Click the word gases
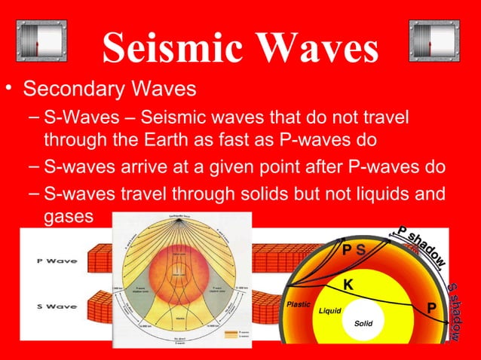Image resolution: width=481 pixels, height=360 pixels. point(68,216)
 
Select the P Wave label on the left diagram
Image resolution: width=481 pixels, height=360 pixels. point(54,263)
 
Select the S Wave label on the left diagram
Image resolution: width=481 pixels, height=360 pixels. point(54,307)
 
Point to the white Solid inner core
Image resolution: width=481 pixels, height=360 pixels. point(363,324)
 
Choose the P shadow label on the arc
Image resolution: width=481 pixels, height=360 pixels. point(423,245)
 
